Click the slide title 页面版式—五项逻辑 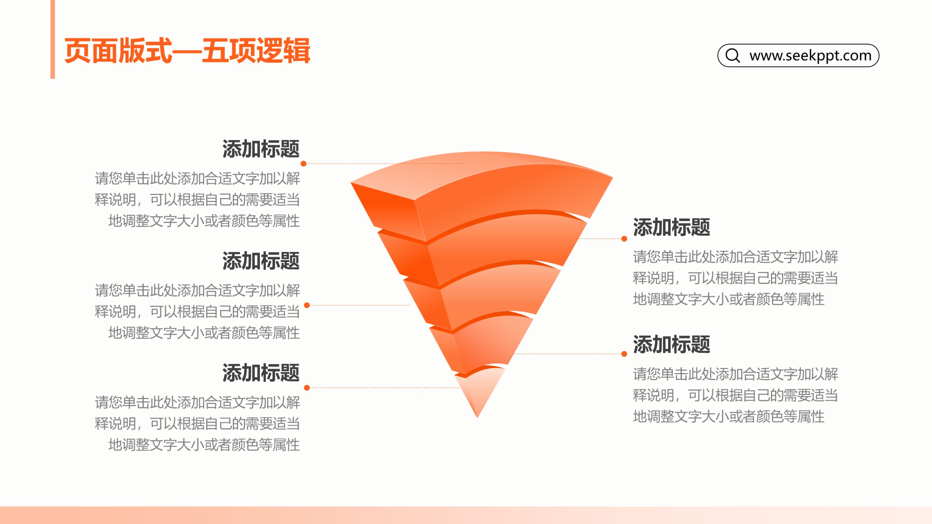click(187, 51)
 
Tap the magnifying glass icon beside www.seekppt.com click(733, 56)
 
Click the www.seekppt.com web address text click(810, 56)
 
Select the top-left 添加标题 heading click(261, 149)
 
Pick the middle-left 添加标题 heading click(261, 261)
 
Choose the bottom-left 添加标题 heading click(261, 373)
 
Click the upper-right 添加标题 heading click(671, 227)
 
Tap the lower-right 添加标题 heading click(671, 344)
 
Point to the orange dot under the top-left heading click(303, 164)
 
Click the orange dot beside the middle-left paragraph click(307, 305)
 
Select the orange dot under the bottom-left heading click(307, 388)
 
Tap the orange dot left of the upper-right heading click(624, 239)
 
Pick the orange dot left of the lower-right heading click(624, 354)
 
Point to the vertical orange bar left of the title click(53, 39)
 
